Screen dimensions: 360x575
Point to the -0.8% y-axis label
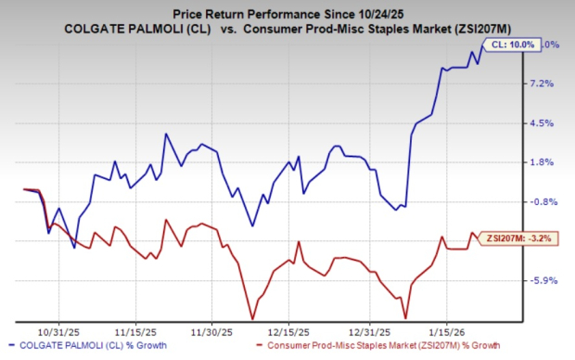544,201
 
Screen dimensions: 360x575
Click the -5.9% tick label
544,280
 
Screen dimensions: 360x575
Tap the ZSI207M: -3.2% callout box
517,238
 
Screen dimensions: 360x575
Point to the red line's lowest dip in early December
252,318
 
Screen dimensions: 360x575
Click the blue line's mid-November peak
166,135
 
